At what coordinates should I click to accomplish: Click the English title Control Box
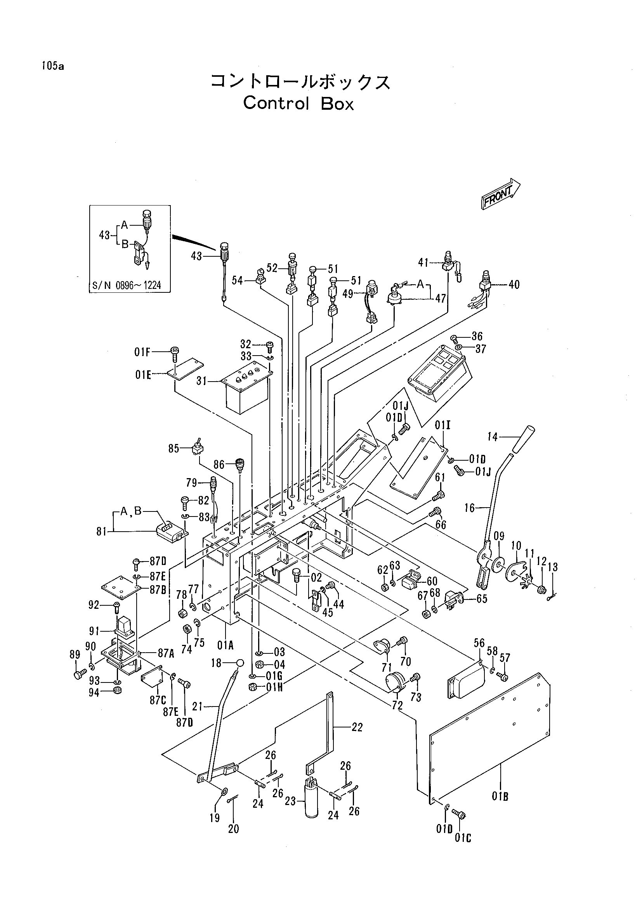(298, 104)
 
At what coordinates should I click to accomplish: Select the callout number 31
(202, 382)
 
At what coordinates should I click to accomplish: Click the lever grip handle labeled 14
(524, 439)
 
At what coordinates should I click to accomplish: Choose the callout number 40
(514, 284)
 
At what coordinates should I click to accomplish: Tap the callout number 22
(357, 727)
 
